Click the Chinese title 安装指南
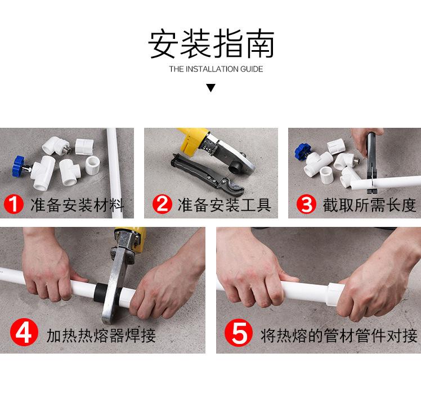click(x=210, y=44)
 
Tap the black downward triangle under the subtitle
click(x=210, y=88)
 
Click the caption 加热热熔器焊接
click(x=101, y=336)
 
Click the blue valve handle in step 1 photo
click(x=21, y=166)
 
